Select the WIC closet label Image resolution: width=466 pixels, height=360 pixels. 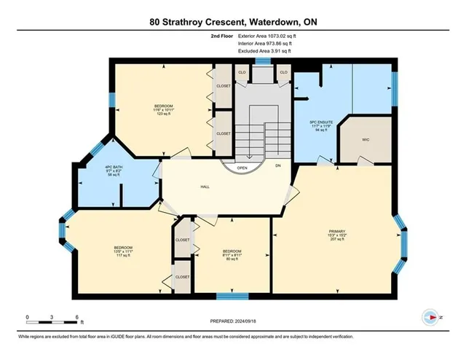366,139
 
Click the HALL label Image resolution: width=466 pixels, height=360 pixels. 205,186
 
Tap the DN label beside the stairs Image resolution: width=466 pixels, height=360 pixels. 277,165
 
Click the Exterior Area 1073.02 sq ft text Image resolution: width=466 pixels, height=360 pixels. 266,34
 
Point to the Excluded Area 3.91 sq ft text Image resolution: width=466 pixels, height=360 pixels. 264,51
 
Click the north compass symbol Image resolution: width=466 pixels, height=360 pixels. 429,318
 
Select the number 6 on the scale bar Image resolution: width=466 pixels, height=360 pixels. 77,317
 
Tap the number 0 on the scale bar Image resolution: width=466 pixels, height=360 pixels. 28,317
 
